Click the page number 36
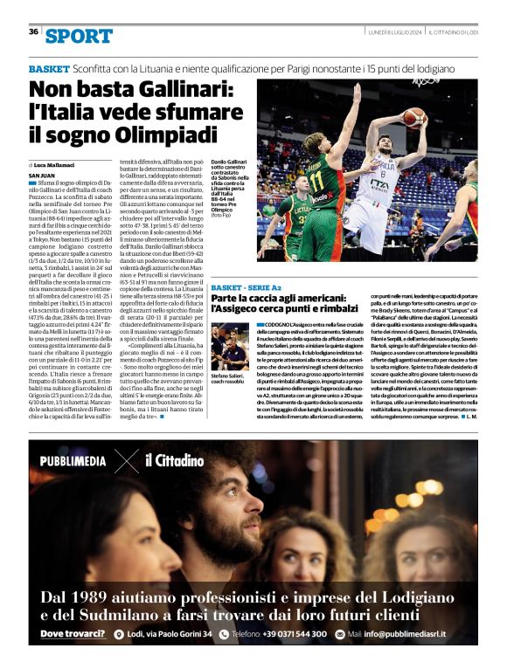pos(33,31)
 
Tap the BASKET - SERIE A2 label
pos(245,287)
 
